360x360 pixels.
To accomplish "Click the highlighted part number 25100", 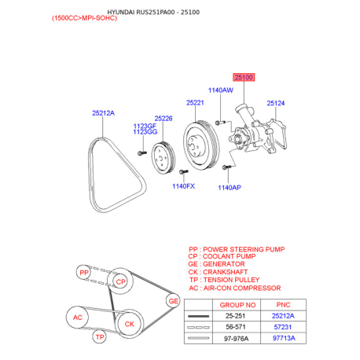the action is tap(244, 77).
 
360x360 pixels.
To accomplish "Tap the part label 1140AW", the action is tap(221, 90).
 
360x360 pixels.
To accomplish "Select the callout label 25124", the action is tap(276, 103).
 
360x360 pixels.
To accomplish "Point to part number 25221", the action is tap(195, 103).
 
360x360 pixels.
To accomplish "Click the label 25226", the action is tap(163, 119).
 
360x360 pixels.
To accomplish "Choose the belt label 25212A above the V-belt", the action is tap(103, 113).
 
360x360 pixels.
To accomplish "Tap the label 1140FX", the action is tap(183, 186).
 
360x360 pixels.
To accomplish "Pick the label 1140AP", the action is tap(230, 188).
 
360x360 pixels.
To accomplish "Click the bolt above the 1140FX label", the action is tap(183, 172).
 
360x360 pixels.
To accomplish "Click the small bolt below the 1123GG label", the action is tap(142, 153).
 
